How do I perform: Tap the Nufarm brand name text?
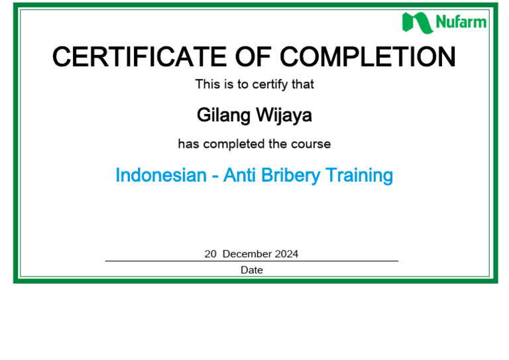pos(461,23)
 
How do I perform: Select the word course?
pos(311,144)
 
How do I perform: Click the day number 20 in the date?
pos(211,254)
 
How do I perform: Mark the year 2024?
pos(286,254)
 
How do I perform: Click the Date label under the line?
pos(252,270)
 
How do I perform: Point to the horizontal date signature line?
pos(166,261)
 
